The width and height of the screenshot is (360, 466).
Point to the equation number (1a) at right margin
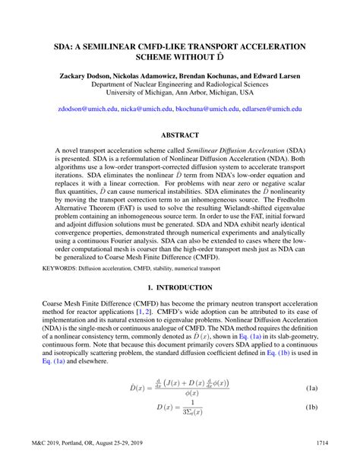311,388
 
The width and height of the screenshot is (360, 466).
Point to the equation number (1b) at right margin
311,407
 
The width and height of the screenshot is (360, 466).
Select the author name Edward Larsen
272,76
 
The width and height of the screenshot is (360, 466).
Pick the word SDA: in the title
66,46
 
